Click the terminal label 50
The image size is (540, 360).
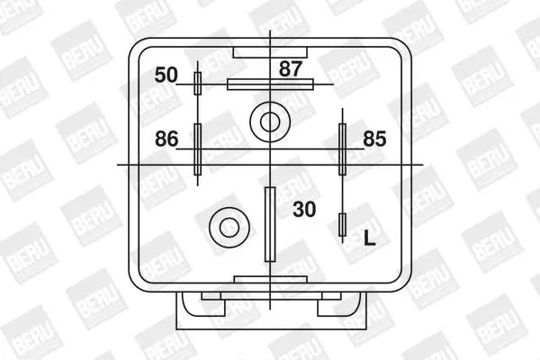coord(166,75)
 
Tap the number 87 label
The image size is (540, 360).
coord(291,69)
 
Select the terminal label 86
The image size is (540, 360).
coord(166,139)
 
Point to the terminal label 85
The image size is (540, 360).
coord(374,139)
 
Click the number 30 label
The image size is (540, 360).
coord(304,209)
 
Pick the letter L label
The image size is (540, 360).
coord(370,238)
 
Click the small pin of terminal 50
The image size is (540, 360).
coord(198,84)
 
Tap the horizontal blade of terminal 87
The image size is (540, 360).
coord(270,85)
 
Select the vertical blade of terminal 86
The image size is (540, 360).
coord(198,148)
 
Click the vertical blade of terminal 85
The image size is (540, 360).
coord(342,149)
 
